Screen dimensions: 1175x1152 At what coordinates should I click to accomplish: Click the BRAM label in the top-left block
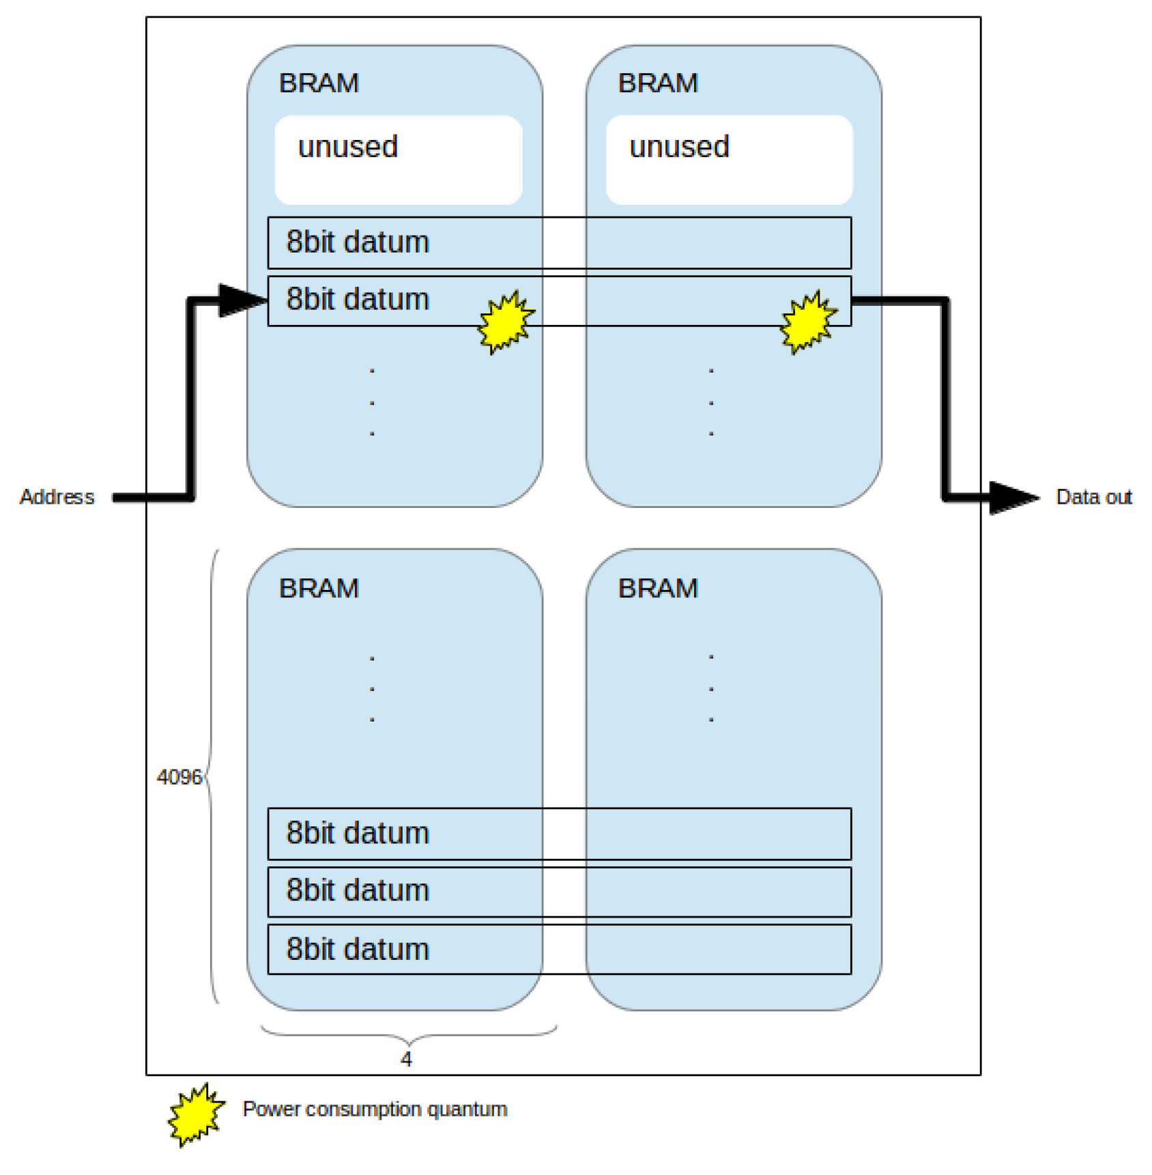319,83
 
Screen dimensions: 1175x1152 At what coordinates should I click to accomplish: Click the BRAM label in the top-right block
657,83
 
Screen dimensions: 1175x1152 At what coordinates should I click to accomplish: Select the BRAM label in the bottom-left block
319,588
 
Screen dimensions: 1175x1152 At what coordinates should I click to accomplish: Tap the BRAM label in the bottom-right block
657,588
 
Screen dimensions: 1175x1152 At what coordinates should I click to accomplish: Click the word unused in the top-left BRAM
348,147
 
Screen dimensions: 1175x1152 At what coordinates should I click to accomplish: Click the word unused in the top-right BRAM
679,147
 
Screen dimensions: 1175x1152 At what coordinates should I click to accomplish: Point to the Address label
57,496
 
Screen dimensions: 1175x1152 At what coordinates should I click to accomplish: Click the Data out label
1093,496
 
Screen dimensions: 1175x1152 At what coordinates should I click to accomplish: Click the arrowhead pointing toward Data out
1013,497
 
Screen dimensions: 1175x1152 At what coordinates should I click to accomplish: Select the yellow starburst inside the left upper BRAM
506,322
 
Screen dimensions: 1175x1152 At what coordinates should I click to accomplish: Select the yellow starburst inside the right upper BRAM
808,322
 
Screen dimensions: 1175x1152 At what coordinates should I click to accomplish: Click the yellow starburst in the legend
196,1114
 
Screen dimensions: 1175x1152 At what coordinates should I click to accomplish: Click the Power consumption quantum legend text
375,1109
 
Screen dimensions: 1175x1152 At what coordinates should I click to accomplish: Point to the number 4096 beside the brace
179,777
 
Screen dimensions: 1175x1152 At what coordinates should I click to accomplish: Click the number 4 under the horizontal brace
406,1059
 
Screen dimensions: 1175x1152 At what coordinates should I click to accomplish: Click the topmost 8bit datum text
357,242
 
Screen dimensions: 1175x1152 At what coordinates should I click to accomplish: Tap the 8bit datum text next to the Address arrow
357,300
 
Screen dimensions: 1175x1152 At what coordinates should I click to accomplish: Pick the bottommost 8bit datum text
357,949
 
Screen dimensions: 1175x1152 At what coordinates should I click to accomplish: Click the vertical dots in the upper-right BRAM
711,402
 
